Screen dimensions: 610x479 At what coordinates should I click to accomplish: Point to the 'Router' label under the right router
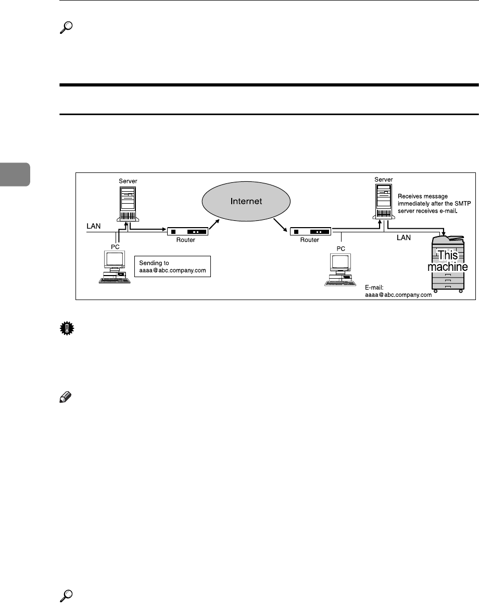pyautogui.click(x=310, y=227)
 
